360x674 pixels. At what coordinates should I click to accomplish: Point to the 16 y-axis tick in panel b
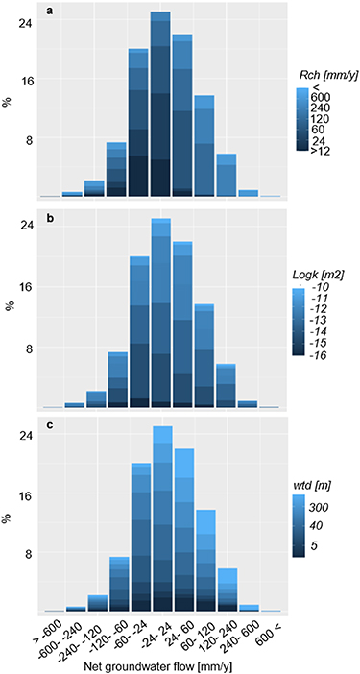click(x=29, y=287)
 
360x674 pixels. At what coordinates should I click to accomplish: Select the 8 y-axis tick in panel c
click(x=29, y=554)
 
